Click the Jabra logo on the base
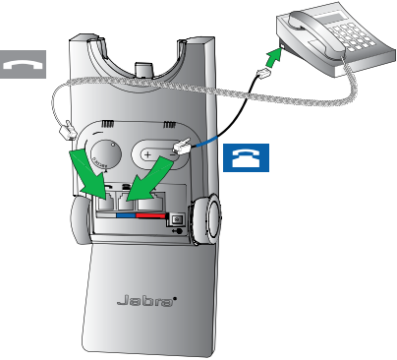point(146,300)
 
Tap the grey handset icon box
point(23,64)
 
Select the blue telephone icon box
point(246,157)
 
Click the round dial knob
point(105,154)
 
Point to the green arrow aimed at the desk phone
point(274,58)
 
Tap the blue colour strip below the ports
point(126,215)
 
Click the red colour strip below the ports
point(150,215)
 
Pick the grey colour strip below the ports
point(106,215)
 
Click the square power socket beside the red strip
point(177,219)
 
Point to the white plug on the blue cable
point(181,146)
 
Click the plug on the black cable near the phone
point(263,73)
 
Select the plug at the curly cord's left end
point(68,131)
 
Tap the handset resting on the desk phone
point(316,33)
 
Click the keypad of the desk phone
point(352,36)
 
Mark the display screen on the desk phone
point(330,19)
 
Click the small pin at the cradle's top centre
point(144,70)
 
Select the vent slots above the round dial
point(107,124)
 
